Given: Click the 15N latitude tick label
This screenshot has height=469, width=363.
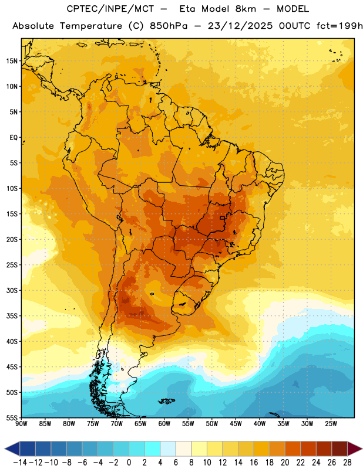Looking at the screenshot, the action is click(x=12, y=61).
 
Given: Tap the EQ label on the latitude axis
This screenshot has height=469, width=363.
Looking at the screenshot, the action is click(x=14, y=138).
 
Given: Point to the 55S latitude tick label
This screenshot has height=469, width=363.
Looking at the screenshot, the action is click(x=12, y=418).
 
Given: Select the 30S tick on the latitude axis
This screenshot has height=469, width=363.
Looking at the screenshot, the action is click(x=12, y=290).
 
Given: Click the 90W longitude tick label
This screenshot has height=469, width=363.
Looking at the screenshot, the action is click(x=21, y=424).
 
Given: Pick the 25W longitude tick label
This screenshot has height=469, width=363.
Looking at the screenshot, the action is click(x=331, y=424).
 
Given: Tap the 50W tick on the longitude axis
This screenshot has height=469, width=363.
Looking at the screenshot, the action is click(x=212, y=424).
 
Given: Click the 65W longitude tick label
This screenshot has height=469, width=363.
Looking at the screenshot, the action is click(x=140, y=424).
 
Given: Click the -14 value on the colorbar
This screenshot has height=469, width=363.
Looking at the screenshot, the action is click(x=20, y=463).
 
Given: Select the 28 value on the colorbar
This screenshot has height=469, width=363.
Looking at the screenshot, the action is click(x=347, y=463).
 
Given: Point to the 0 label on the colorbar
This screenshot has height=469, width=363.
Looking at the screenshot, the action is click(x=129, y=463).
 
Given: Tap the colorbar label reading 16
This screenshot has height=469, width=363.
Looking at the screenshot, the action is click(x=254, y=463).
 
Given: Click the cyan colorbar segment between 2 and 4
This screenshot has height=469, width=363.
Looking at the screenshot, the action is click(x=152, y=448).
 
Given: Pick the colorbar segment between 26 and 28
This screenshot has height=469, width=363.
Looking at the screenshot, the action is click(x=340, y=448).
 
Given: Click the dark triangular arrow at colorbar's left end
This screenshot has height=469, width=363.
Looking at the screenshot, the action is click(x=12, y=448).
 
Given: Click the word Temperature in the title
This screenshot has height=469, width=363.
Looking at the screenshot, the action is click(x=91, y=26).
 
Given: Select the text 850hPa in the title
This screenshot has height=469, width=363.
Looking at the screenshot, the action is click(x=169, y=26).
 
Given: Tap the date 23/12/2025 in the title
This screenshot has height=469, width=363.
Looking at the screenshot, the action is click(x=240, y=26).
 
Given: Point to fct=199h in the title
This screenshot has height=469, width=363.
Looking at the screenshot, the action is click(x=340, y=26).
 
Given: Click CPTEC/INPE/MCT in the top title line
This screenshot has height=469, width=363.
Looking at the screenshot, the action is click(x=110, y=9).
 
